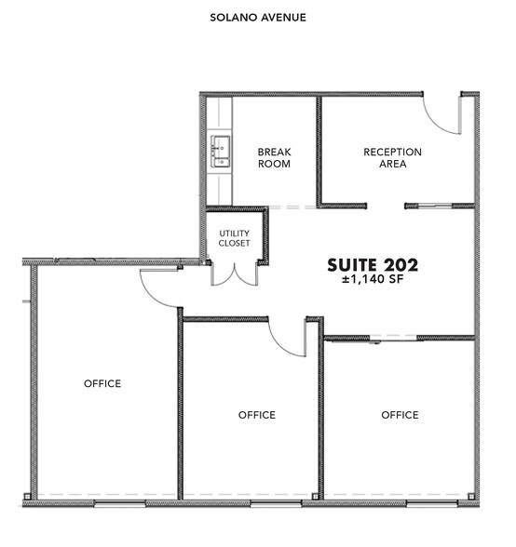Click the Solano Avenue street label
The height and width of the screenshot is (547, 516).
pos(258,17)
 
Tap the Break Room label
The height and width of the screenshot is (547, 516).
pos(274,157)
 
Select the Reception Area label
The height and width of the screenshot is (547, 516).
pos(392,157)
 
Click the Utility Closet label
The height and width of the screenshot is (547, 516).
pos(235,238)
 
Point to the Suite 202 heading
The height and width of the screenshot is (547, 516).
pos(373,265)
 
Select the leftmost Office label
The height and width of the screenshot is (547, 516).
pos(102,383)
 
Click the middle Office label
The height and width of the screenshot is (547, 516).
pos(256,415)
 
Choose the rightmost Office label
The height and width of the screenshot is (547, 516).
pos(400,415)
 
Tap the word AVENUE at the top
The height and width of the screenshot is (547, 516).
pos(283,17)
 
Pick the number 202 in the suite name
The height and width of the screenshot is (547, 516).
pos(400,265)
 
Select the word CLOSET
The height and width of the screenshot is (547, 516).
pos(235,244)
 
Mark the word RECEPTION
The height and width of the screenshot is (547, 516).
pos(392,152)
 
